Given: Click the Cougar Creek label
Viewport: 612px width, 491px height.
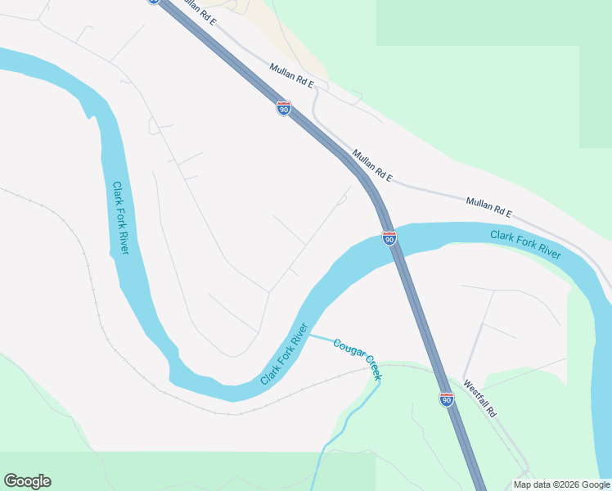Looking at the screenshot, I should click(x=358, y=358).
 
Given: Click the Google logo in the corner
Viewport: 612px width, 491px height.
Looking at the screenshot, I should click(x=27, y=481).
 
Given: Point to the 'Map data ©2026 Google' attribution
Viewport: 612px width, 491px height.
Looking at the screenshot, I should click(x=561, y=484).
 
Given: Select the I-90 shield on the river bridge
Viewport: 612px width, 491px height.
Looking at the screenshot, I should click(x=389, y=238).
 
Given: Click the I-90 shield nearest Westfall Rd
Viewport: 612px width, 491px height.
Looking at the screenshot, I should click(x=446, y=399).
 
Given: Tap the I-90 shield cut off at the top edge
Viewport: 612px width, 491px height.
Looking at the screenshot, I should click(x=153, y=2).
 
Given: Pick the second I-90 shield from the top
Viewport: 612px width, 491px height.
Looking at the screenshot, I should click(x=283, y=108).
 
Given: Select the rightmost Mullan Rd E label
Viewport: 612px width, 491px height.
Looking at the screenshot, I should click(x=488, y=207).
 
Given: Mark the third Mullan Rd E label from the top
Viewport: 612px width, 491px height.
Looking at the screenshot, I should click(x=373, y=165).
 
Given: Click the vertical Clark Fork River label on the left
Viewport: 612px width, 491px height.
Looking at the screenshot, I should click(x=120, y=218).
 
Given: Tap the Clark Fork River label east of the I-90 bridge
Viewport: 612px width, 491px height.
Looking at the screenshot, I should click(x=525, y=245).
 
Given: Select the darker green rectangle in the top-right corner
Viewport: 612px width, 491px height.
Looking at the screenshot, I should click(x=491, y=20).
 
